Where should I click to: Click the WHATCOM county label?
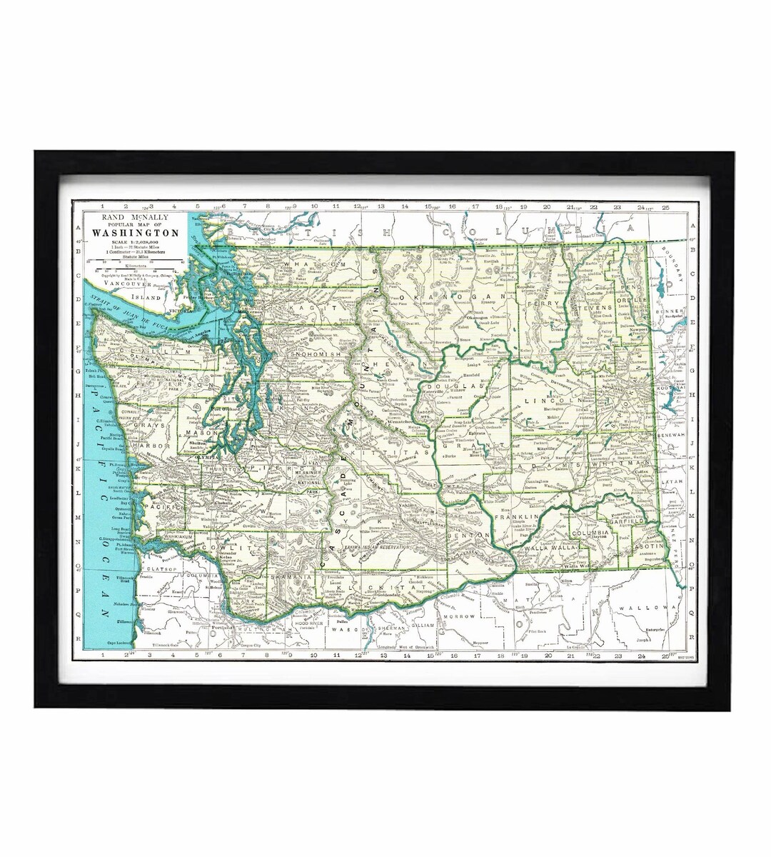(x=309, y=264)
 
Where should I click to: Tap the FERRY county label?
(x=553, y=304)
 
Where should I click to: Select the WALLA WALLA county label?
(x=551, y=548)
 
